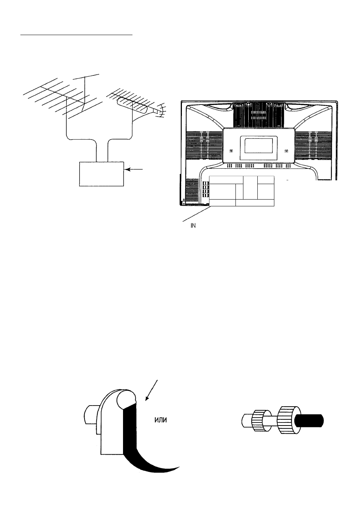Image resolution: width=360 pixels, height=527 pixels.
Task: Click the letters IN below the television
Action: (193, 226)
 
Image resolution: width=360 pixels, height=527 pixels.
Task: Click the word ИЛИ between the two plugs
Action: (161, 420)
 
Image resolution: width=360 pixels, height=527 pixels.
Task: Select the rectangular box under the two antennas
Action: (102, 174)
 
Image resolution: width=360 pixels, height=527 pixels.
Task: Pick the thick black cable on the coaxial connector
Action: (310, 420)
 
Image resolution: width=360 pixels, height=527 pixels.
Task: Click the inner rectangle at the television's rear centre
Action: (258, 145)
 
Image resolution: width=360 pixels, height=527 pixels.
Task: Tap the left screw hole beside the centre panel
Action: (231, 151)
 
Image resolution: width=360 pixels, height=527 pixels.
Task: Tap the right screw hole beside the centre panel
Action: (286, 151)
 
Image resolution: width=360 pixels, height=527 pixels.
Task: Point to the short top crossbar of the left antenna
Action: (86, 77)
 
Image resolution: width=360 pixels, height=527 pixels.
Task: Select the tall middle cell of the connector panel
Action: (250, 187)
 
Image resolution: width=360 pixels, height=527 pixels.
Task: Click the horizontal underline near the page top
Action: (77, 35)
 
